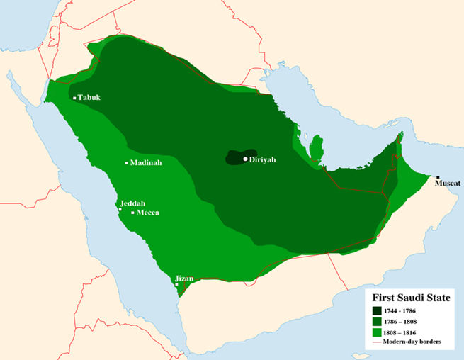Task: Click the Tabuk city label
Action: click(89, 98)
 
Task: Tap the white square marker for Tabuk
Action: click(74, 98)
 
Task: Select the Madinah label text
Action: click(146, 163)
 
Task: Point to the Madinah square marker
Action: click(127, 163)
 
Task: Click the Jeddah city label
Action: click(133, 203)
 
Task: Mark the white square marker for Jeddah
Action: click(120, 210)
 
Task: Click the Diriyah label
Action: click(262, 159)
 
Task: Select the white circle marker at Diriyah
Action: click(245, 159)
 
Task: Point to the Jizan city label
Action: click(184, 279)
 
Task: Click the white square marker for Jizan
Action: click(176, 285)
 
